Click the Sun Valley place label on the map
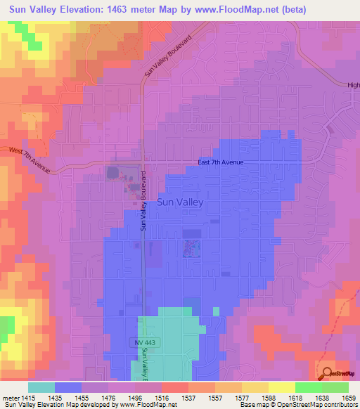coord(180,202)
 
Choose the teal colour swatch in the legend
coord(41,387)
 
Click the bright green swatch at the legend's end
coord(335,387)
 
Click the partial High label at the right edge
coord(353,85)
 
